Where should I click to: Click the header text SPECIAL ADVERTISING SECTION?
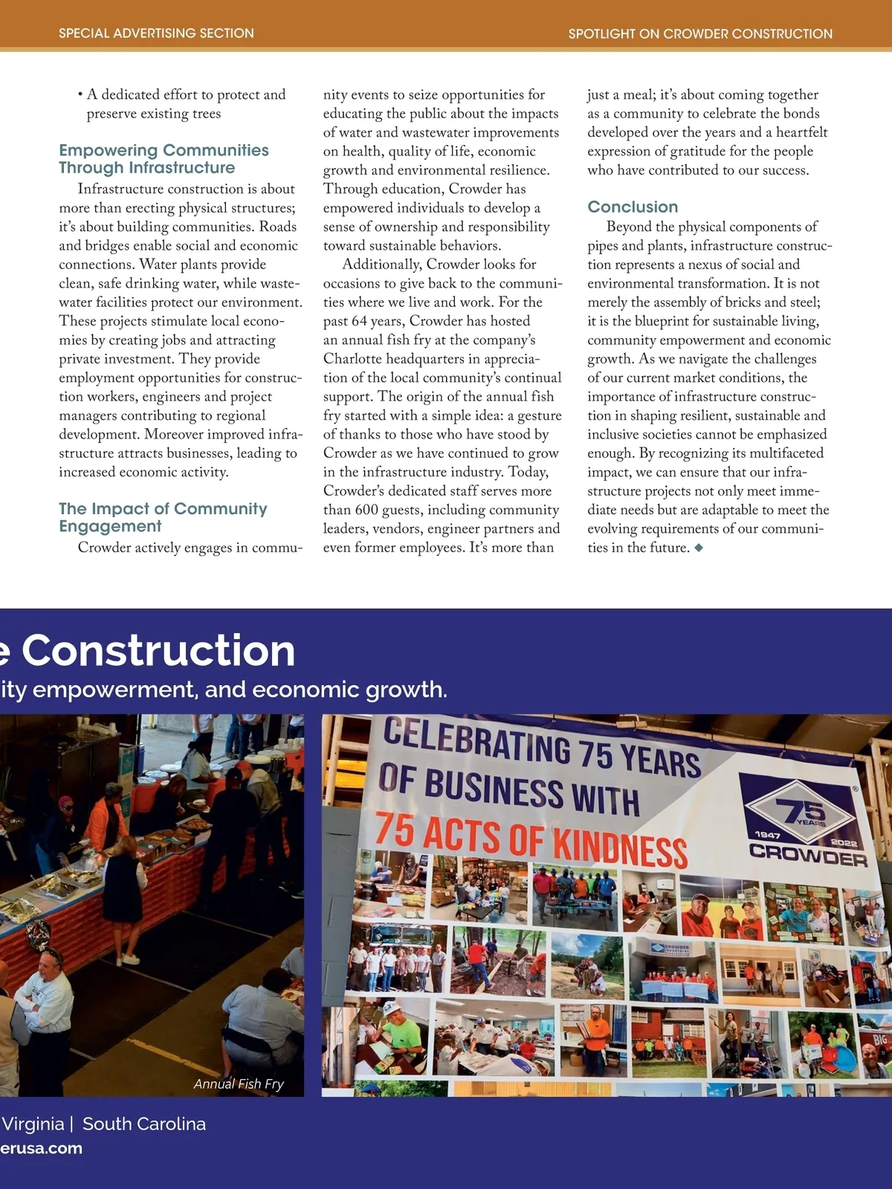coord(156,33)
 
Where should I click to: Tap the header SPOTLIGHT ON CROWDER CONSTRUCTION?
coord(700,33)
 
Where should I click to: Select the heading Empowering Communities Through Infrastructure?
coord(164,159)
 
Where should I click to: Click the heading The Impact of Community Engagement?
coord(163,517)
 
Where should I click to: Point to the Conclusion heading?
coord(633,207)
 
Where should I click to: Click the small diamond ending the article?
coord(699,548)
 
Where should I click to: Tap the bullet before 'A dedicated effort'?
coord(80,94)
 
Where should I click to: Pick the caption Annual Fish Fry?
coord(239,1083)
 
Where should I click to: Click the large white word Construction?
coord(158,651)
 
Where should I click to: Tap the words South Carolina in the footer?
coord(144,1124)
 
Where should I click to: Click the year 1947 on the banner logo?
coord(767,835)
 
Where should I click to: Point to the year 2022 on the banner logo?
coord(844,843)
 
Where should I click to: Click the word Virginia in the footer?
coord(33,1124)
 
